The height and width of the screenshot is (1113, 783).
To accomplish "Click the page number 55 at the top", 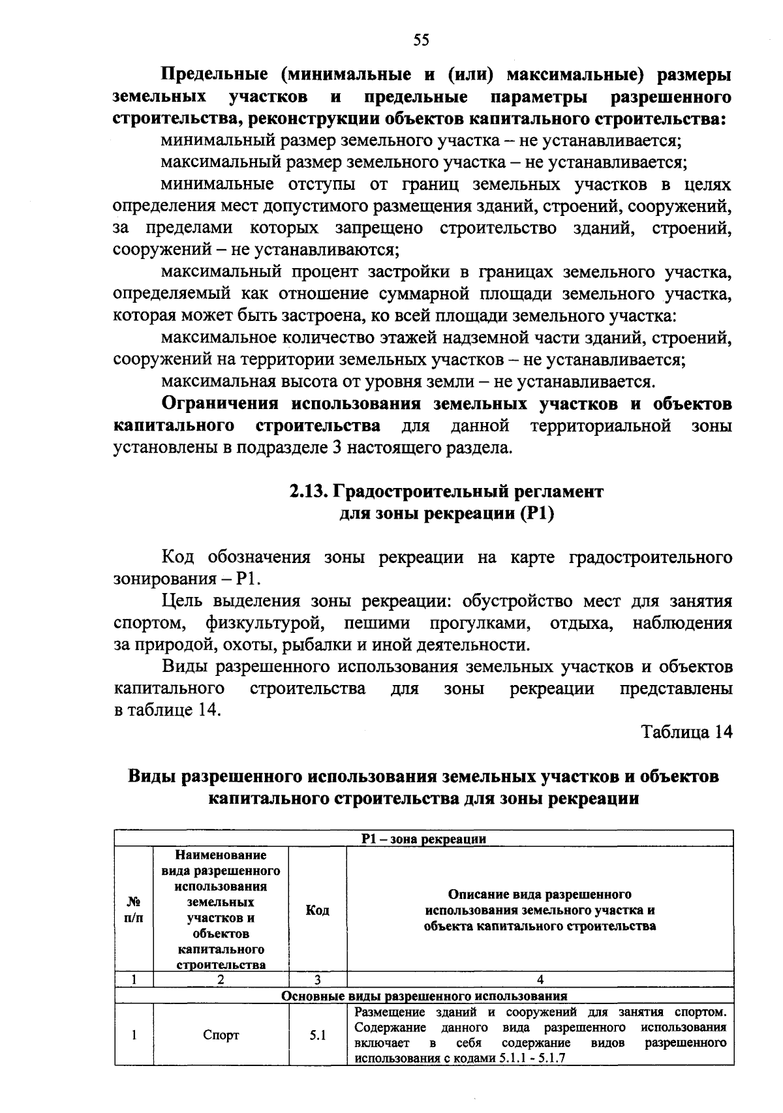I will pos(422,41).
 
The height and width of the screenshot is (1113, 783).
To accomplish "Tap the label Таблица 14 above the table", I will pos(687,732).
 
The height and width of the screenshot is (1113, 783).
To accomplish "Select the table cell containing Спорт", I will pos(221,1035).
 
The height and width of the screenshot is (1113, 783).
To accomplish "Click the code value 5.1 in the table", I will pos(318,1035).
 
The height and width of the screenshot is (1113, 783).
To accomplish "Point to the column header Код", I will pos(318,909).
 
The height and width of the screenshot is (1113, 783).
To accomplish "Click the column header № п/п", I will pos(134,909).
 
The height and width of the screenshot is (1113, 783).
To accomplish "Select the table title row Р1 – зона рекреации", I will pos(424,839).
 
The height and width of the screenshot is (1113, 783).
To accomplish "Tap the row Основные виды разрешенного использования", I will pos(424,996).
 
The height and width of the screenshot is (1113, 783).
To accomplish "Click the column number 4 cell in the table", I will pos(540,979).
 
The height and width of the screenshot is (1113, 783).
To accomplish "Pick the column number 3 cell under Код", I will pos(318,979).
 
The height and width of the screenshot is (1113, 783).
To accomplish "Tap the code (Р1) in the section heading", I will pos(538,514).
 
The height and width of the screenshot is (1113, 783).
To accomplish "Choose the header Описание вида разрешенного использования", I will pos(540,909).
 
